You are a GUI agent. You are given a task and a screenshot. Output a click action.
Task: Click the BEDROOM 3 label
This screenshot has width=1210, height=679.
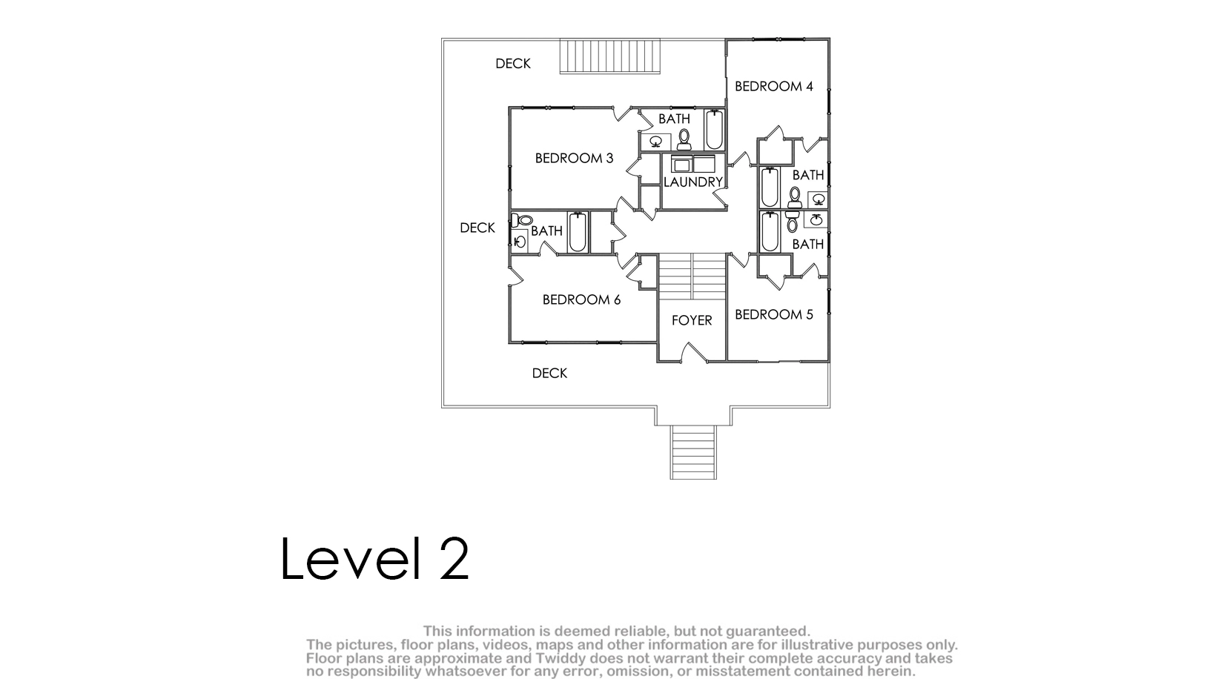point(574,159)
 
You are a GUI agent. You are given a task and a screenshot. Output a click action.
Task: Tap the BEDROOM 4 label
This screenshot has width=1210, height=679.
point(773,87)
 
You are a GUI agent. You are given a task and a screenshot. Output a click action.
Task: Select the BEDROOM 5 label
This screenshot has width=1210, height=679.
point(773,314)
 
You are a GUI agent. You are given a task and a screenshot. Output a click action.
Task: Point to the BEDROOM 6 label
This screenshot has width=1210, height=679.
point(581,299)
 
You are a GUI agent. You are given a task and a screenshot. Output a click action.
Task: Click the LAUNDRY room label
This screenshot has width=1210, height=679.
point(693,182)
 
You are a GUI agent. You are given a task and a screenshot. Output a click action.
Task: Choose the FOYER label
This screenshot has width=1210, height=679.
point(692,320)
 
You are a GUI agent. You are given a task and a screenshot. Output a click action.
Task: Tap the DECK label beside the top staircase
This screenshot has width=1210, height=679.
point(513,64)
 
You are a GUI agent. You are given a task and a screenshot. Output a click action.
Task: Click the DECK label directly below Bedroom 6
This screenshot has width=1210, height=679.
point(549,374)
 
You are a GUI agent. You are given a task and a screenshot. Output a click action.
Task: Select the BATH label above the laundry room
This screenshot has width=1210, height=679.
point(674,119)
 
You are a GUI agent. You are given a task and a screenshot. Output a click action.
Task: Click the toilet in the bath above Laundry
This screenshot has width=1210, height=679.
point(684,139)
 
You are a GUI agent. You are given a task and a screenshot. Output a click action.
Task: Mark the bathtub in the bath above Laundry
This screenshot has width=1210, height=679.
point(714,130)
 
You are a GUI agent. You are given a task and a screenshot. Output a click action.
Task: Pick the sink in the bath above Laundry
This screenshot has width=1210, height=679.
point(655,142)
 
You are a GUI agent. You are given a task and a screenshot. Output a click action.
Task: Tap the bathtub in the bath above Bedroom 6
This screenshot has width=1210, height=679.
point(578,232)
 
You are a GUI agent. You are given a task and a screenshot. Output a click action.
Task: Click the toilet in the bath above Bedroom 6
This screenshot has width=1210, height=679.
point(522,220)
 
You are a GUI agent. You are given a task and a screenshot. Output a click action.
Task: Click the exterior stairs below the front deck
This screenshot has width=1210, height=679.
point(693,452)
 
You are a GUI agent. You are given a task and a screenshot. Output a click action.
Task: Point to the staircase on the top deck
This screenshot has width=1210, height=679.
point(610,56)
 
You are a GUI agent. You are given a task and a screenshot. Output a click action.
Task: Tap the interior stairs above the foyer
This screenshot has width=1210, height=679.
point(692,276)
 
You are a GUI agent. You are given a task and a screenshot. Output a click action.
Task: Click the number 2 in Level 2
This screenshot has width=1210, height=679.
point(454,559)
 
